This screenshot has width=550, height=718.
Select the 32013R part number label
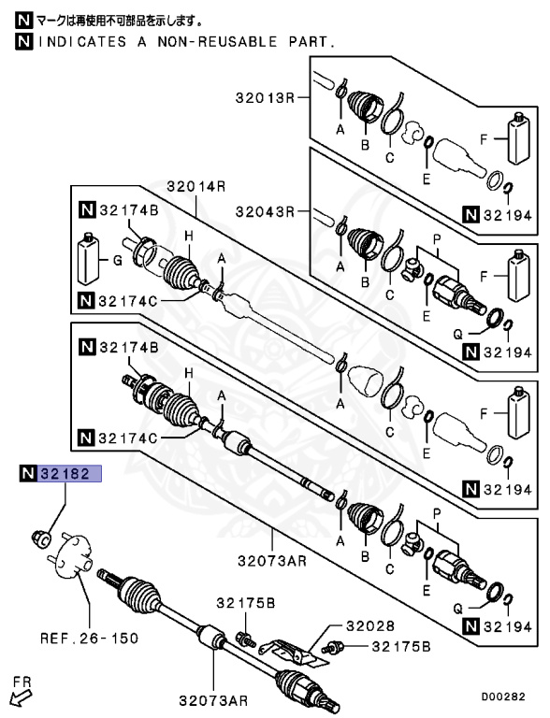tap(265, 97)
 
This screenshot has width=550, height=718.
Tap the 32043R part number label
tap(265, 210)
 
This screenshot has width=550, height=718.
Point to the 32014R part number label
tap(196, 185)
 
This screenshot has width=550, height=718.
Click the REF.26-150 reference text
tap(89, 639)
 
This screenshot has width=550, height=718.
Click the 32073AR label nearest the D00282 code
tap(214, 698)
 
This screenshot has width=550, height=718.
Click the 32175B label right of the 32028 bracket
tap(401, 645)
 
